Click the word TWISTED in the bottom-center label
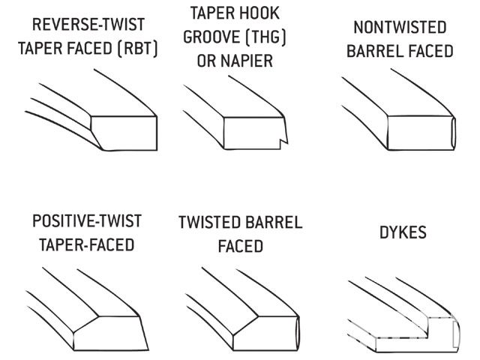pos(210,223)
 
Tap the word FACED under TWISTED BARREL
pos(241,245)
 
